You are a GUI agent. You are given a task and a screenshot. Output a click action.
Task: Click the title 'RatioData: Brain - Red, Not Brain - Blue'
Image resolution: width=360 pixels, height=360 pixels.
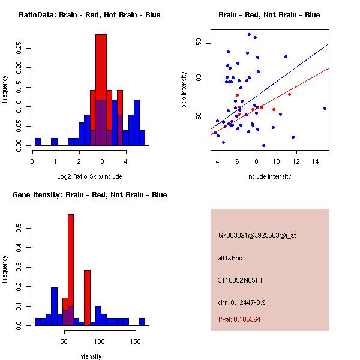pyautogui.click(x=89, y=15)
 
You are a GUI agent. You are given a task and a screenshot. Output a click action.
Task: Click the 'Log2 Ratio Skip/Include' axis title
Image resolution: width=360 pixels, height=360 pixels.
pyautogui.click(x=89, y=176)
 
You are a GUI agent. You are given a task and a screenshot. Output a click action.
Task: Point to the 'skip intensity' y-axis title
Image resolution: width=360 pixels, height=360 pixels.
pyautogui.click(x=185, y=90)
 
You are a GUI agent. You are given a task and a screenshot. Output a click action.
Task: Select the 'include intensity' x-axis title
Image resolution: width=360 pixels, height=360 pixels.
pyautogui.click(x=269, y=176)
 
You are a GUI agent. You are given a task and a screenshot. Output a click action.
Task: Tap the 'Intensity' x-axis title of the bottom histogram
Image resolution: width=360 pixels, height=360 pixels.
pyautogui.click(x=89, y=356)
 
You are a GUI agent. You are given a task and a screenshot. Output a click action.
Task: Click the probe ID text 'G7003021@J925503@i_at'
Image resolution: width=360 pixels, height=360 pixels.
pyautogui.click(x=257, y=235)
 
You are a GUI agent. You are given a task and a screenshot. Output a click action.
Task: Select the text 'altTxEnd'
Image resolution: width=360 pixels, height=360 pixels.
pyautogui.click(x=230, y=258)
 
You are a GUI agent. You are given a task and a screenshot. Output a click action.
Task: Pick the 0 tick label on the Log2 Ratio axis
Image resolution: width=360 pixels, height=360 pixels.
pyautogui.click(x=32, y=161)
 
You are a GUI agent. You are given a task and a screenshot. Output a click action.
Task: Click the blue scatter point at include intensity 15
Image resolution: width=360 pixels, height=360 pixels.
pyautogui.click(x=325, y=108)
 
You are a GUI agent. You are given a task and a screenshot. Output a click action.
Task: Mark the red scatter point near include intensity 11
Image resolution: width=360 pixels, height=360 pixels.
pyautogui.click(x=289, y=94)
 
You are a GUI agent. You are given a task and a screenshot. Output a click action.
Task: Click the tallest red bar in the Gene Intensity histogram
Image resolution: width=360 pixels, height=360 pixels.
pyautogui.click(x=71, y=270)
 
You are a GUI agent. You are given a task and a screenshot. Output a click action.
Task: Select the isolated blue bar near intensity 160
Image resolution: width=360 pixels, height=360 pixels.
pyautogui.click(x=142, y=322)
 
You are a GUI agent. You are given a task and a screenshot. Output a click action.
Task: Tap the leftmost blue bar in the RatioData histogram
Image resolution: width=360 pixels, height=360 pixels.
pyautogui.click(x=38, y=142)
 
